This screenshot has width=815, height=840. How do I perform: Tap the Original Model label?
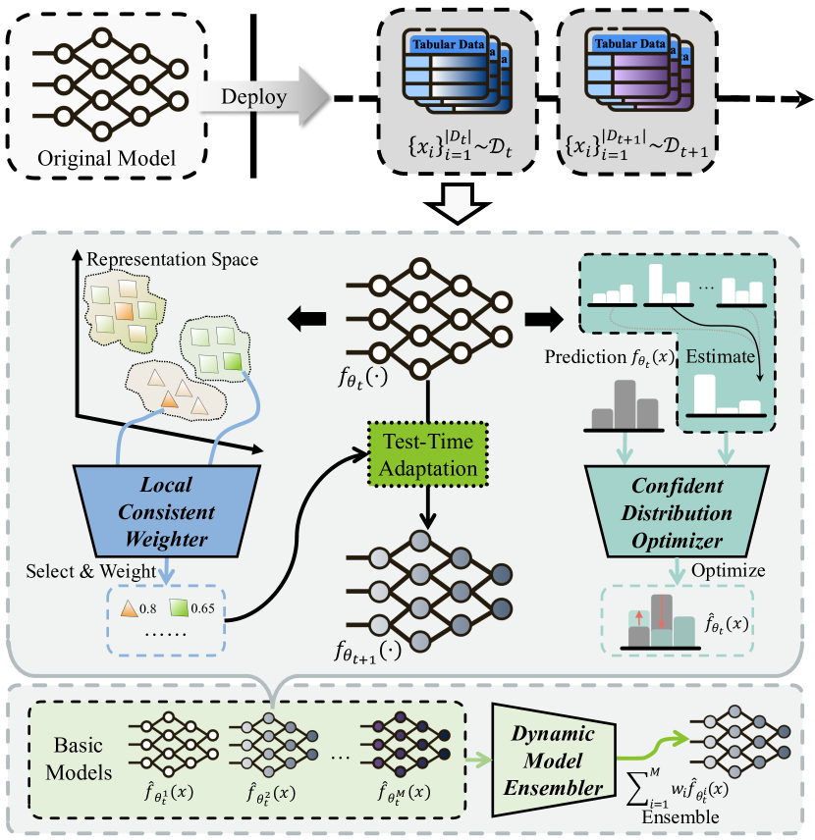tap(107, 158)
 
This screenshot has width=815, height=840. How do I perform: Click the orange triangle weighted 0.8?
tap(129, 609)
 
